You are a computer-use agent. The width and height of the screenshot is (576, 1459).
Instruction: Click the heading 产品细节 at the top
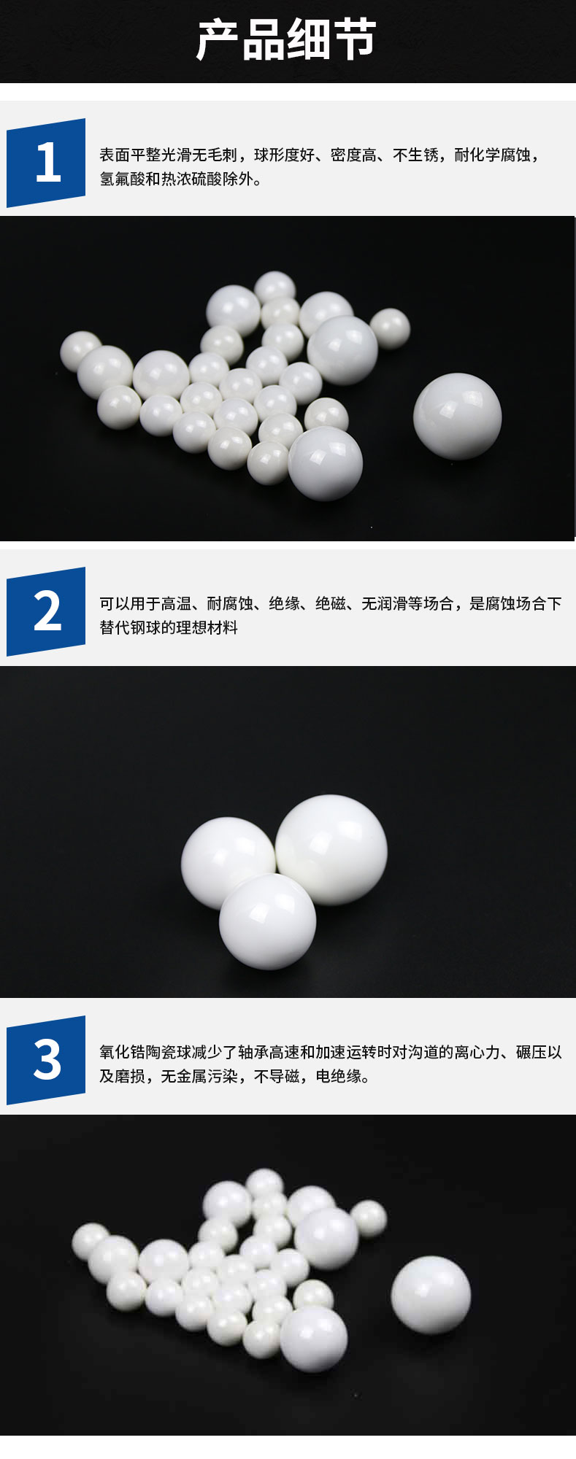pyautogui.click(x=287, y=40)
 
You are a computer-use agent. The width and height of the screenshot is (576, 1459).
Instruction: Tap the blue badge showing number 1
pyautogui.click(x=46, y=163)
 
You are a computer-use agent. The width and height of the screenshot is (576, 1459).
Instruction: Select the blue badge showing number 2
pyautogui.click(x=46, y=611)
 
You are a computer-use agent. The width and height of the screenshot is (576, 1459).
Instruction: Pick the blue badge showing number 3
pyautogui.click(x=46, y=1060)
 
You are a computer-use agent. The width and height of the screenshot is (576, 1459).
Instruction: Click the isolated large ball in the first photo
pyautogui.click(x=458, y=416)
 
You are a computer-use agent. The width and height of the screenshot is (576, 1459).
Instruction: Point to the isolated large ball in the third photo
pyautogui.click(x=431, y=1295)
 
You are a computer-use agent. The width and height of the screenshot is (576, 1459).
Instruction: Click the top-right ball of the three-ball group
pyautogui.click(x=331, y=850)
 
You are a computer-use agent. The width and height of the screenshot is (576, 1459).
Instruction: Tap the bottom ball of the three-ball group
pyautogui.click(x=268, y=921)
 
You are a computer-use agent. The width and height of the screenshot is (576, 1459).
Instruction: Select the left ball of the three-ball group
pyautogui.click(x=227, y=864)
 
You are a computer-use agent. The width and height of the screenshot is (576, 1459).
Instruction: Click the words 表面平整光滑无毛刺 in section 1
pyautogui.click(x=169, y=155)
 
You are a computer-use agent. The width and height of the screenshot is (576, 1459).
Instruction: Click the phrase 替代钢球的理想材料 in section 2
pyautogui.click(x=169, y=627)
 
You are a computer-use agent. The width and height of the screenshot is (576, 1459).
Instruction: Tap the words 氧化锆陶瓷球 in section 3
pyautogui.click(x=145, y=1052)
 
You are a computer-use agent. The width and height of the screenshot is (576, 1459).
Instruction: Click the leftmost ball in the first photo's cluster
pyautogui.click(x=80, y=351)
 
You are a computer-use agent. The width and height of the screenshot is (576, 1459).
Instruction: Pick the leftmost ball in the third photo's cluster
pyautogui.click(x=91, y=1240)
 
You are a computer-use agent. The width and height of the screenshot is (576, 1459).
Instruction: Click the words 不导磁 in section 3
pyautogui.click(x=277, y=1076)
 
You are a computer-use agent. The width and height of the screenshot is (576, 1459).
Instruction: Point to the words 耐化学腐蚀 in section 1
pyautogui.click(x=492, y=155)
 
